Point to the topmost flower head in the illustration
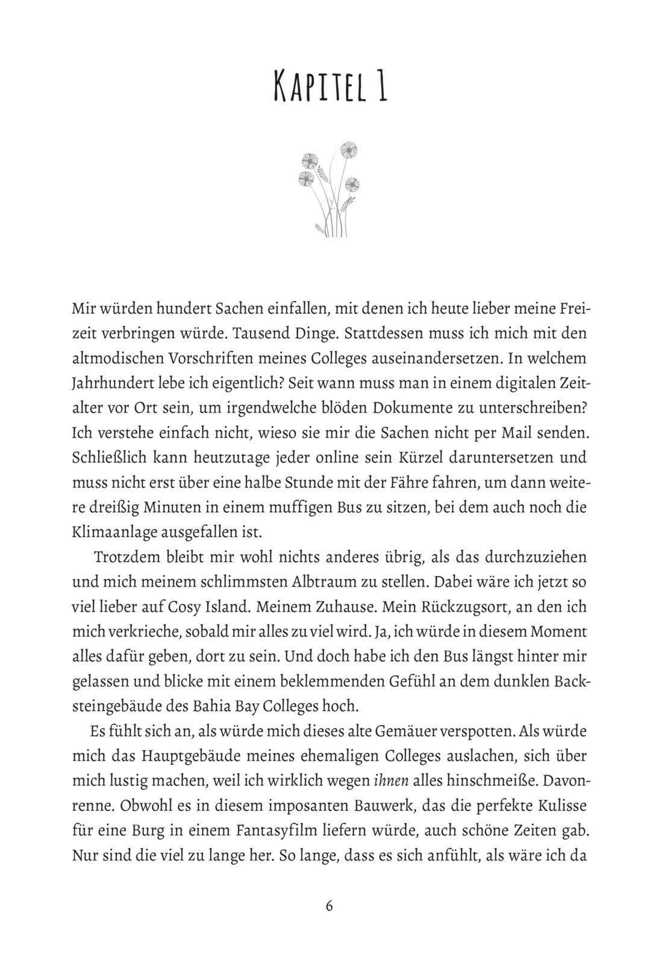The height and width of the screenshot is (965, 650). pos(348,149)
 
